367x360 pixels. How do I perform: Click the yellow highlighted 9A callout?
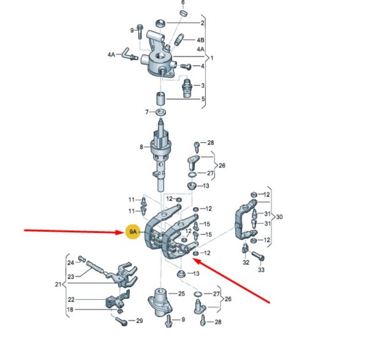(133, 232)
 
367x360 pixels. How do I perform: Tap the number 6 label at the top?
(183, 2)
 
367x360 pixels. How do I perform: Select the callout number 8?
(141, 147)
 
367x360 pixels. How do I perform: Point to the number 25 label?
(181, 293)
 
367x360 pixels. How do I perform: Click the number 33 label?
(261, 270)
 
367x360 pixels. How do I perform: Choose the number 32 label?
(246, 262)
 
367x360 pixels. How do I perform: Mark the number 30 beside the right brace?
(279, 217)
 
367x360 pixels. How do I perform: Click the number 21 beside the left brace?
(58, 284)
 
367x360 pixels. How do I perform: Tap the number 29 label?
(139, 321)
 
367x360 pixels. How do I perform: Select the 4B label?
(200, 40)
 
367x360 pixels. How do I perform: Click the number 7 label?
(147, 112)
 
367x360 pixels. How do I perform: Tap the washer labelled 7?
(161, 112)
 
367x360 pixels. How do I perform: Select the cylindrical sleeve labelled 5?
(161, 99)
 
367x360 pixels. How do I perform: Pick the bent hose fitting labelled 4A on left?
(129, 54)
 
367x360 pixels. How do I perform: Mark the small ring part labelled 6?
(183, 13)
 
